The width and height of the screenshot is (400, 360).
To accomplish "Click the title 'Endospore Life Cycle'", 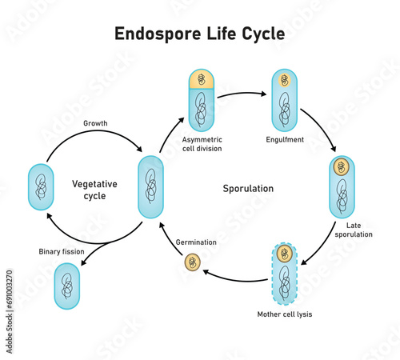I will coord(200,34).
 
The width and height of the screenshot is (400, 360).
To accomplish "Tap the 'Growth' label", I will coord(97,124).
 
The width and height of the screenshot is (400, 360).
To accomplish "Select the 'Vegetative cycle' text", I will coord(94,190).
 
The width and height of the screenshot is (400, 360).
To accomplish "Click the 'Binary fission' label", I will coord(61,252).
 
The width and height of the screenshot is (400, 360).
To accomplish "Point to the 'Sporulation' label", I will coord(248,189).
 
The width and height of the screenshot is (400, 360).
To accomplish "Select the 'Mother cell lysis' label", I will coord(285,314).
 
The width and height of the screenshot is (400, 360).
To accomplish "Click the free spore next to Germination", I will coord(193,262).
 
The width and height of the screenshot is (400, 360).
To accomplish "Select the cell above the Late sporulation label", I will coord(342,186).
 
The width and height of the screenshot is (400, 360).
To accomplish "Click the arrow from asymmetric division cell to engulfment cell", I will coord(242,96).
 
